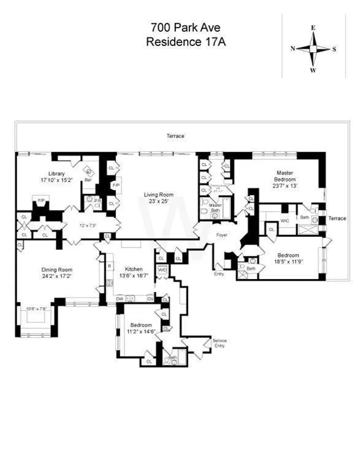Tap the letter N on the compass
293,48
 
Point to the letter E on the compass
313,28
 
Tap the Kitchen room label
134,269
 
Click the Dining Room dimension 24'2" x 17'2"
57,277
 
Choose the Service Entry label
220,343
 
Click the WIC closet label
285,220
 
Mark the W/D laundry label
162,269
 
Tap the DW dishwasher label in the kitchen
120,298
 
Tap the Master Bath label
215,207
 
